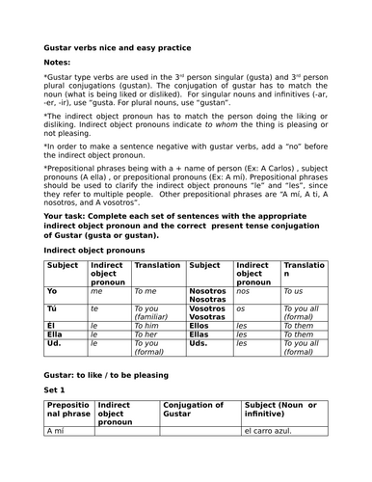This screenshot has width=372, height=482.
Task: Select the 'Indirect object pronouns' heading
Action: [x=97, y=248]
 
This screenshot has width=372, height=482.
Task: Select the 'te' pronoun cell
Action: [x=94, y=308]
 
